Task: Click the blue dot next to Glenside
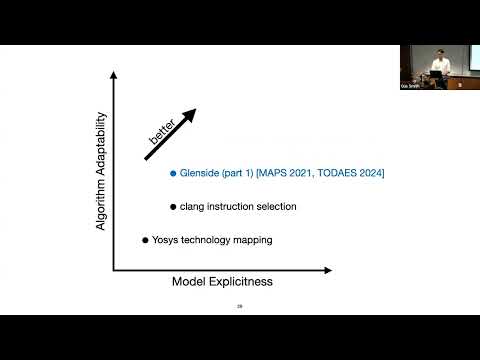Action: click(173, 174)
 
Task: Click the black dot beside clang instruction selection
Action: click(173, 207)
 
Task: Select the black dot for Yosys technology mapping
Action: click(145, 240)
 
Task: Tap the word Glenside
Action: click(204, 174)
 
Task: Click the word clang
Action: click(194, 207)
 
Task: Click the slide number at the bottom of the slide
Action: click(239, 306)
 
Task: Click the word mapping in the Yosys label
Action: click(251, 241)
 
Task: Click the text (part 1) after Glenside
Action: click(246, 174)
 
